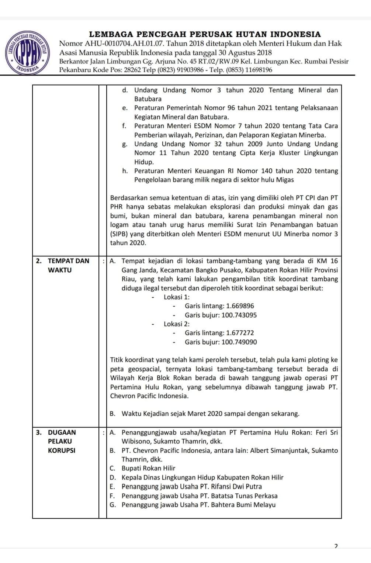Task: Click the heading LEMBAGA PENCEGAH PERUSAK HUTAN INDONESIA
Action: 205,34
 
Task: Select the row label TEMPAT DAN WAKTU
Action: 68,265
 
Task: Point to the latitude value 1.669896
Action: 240,306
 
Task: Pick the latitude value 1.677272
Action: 240,333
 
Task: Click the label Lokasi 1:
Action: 177,297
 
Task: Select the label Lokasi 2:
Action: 177,324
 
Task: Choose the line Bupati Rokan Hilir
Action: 149,468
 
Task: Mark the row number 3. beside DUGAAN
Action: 39,432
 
